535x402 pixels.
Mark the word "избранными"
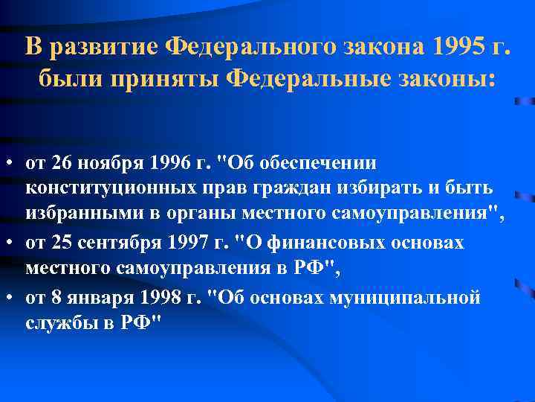(79, 217)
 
